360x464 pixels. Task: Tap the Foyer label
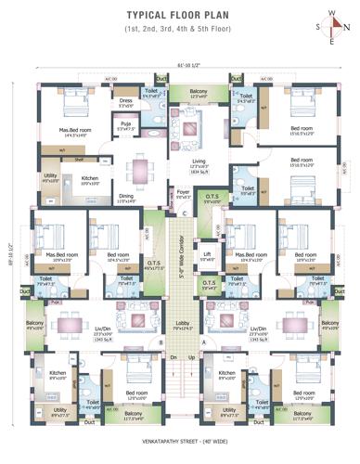(x=183, y=193)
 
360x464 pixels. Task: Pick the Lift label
(x=208, y=252)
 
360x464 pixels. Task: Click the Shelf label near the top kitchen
(x=80, y=159)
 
